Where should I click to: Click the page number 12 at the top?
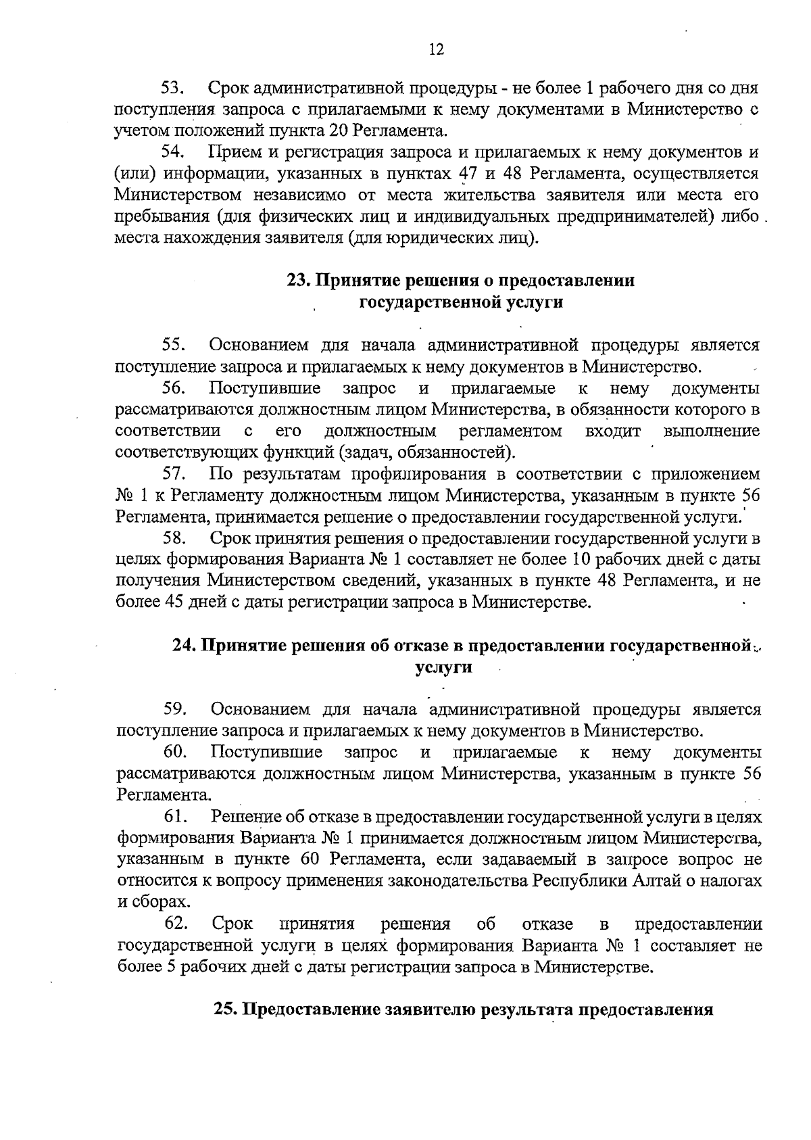[x=436, y=49]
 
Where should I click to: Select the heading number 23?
[x=297, y=281]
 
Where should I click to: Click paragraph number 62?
[x=175, y=924]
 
